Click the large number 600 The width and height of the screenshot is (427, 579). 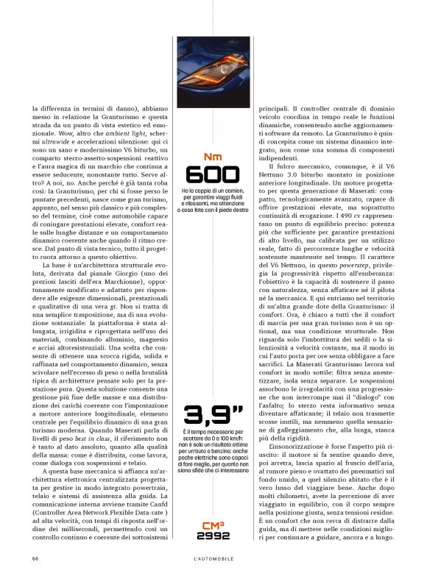coord(213,174)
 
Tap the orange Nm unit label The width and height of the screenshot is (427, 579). coord(213,156)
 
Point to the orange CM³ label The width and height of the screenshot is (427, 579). coord(213,525)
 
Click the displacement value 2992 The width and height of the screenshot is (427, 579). coord(213,536)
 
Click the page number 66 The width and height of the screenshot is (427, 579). coord(36,558)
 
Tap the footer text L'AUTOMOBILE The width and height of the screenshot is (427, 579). coord(213,558)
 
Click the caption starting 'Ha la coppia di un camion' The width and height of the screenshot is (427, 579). coord(213,199)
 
